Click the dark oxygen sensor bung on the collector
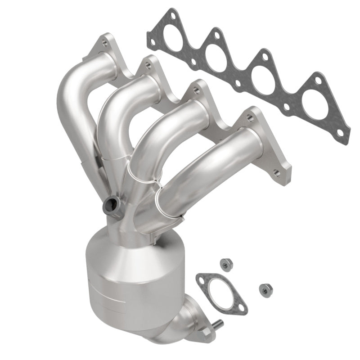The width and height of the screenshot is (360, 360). coord(111,207)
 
